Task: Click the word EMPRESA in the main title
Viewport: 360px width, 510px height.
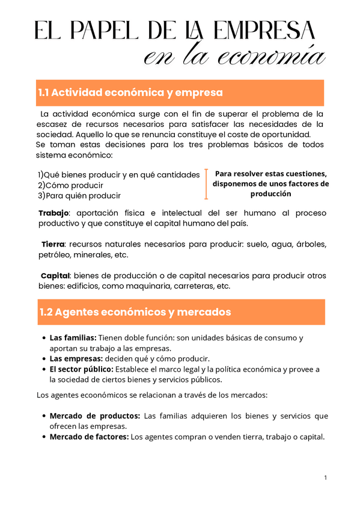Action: [x=265, y=31]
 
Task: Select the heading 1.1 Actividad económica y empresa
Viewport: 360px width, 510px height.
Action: [x=130, y=93]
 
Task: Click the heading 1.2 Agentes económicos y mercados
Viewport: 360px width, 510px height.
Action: [x=135, y=312]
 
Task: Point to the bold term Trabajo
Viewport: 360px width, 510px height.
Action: [x=53, y=214]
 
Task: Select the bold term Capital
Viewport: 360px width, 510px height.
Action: [x=55, y=275]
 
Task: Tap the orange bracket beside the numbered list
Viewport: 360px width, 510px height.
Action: [x=206, y=184]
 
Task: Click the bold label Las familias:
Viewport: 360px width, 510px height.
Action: [x=73, y=338]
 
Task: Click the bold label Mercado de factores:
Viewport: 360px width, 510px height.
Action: [x=89, y=437]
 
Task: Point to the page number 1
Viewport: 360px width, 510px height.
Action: [x=325, y=478]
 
